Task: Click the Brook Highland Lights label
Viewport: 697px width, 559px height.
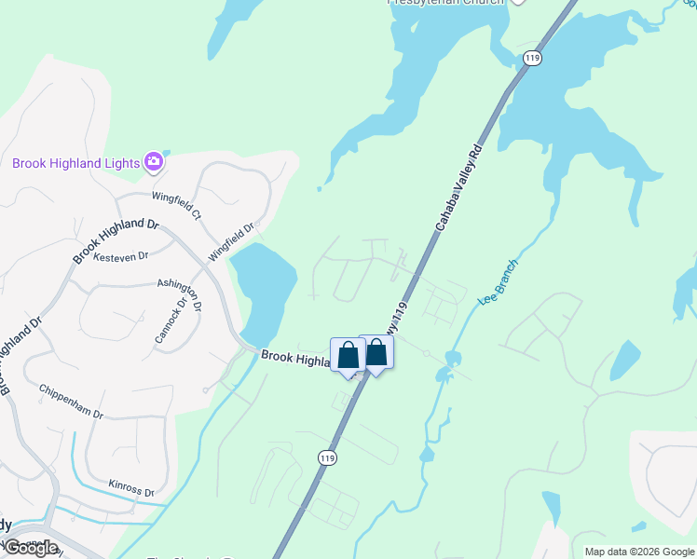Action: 75,163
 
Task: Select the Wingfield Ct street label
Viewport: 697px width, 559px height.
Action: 177,204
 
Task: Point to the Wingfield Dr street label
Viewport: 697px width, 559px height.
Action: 232,240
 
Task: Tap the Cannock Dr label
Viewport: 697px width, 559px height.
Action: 171,320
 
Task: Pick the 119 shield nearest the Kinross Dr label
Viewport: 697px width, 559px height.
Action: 326,457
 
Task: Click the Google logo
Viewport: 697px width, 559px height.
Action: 30,548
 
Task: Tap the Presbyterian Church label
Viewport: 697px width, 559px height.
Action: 446,2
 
